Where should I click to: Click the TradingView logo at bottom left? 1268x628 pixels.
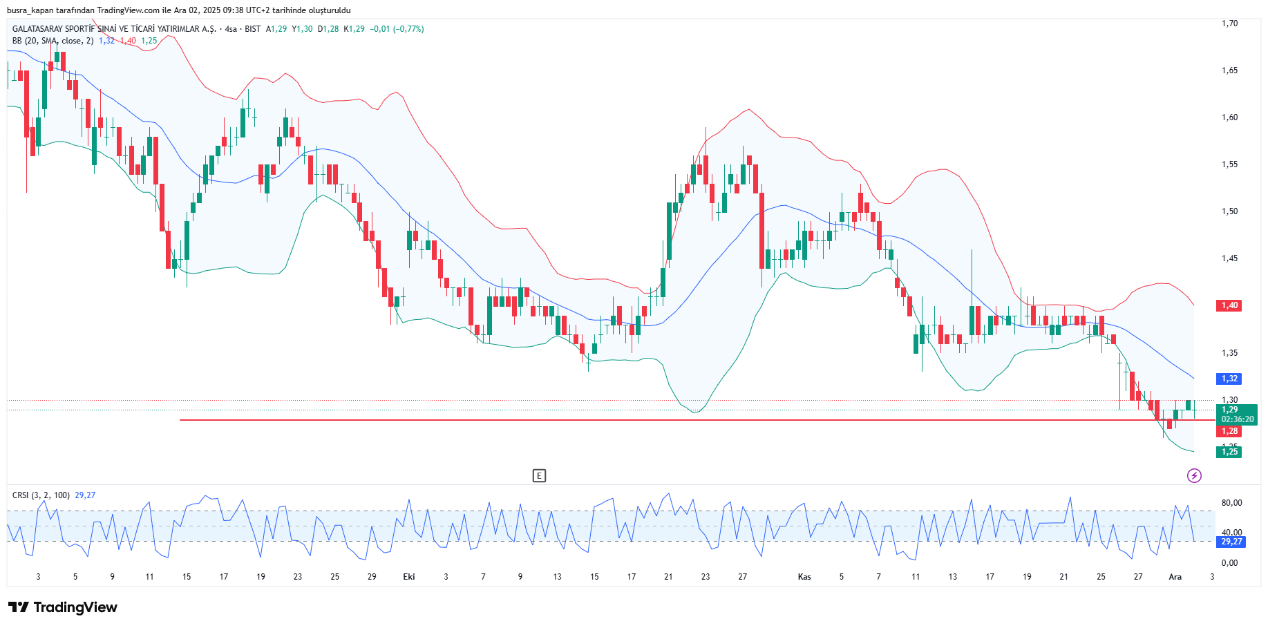click(63, 607)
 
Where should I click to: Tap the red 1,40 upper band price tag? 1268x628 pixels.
click(1229, 305)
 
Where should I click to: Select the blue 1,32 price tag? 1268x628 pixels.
click(1229, 379)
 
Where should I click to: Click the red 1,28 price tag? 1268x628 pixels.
click(1229, 431)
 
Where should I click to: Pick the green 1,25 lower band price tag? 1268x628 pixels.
click(1229, 452)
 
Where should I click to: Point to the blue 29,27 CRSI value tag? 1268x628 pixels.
click(1231, 542)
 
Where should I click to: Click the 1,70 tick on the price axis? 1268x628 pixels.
click(1229, 23)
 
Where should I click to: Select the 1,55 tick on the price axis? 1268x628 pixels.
click(1229, 164)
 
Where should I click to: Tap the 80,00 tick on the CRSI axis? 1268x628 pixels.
click(1231, 503)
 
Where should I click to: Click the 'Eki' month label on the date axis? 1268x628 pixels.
click(409, 577)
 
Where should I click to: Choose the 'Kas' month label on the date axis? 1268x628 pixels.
click(804, 577)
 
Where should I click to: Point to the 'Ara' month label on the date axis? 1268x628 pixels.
click(1175, 577)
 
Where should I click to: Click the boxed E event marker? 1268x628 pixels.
click(539, 475)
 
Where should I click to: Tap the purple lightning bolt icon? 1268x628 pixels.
click(1194, 475)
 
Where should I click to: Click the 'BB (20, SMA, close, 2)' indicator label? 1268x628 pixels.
click(53, 41)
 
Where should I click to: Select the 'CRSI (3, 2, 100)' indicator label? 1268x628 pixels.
click(41, 495)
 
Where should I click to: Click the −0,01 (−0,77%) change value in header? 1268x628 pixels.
click(397, 29)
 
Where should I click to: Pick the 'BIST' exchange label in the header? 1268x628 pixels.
click(252, 29)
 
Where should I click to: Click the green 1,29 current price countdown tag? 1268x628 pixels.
click(1236, 415)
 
